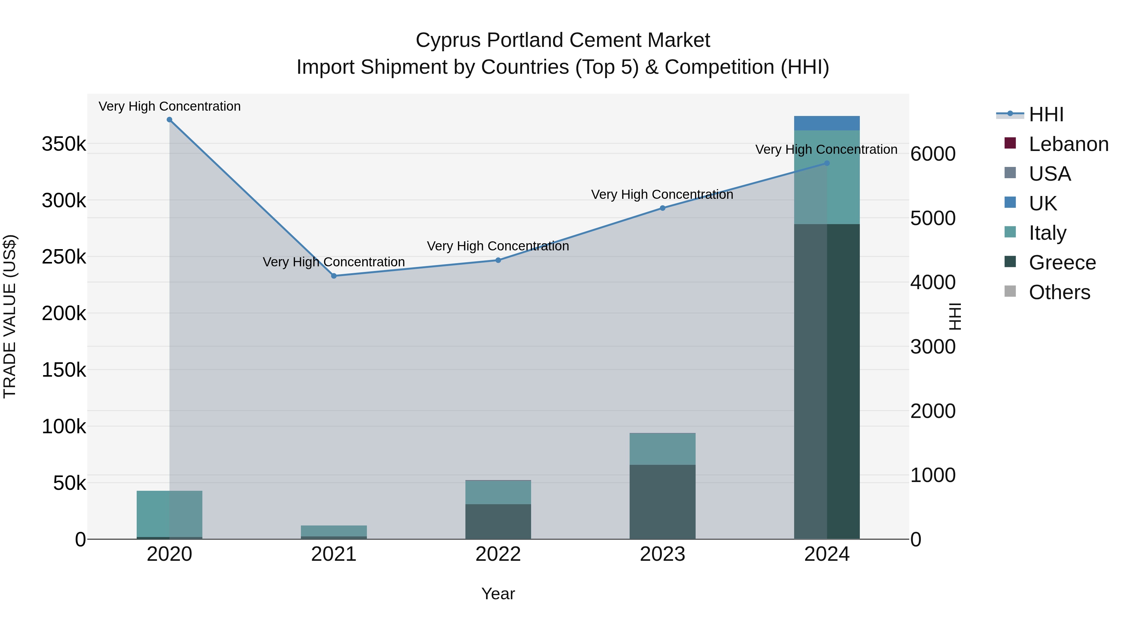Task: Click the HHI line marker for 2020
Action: [170, 120]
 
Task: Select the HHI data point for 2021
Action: [334, 276]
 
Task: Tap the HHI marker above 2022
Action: [498, 260]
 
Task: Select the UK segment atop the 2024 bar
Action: [827, 123]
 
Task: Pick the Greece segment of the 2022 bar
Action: [498, 521]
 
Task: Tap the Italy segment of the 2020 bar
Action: [170, 514]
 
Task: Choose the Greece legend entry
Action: [1062, 263]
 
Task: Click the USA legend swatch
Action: [1010, 173]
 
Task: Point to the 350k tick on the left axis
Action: [64, 144]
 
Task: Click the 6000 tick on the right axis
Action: [933, 154]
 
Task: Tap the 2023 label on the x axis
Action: [662, 554]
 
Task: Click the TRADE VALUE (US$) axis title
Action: [10, 316]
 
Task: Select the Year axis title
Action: [498, 594]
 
